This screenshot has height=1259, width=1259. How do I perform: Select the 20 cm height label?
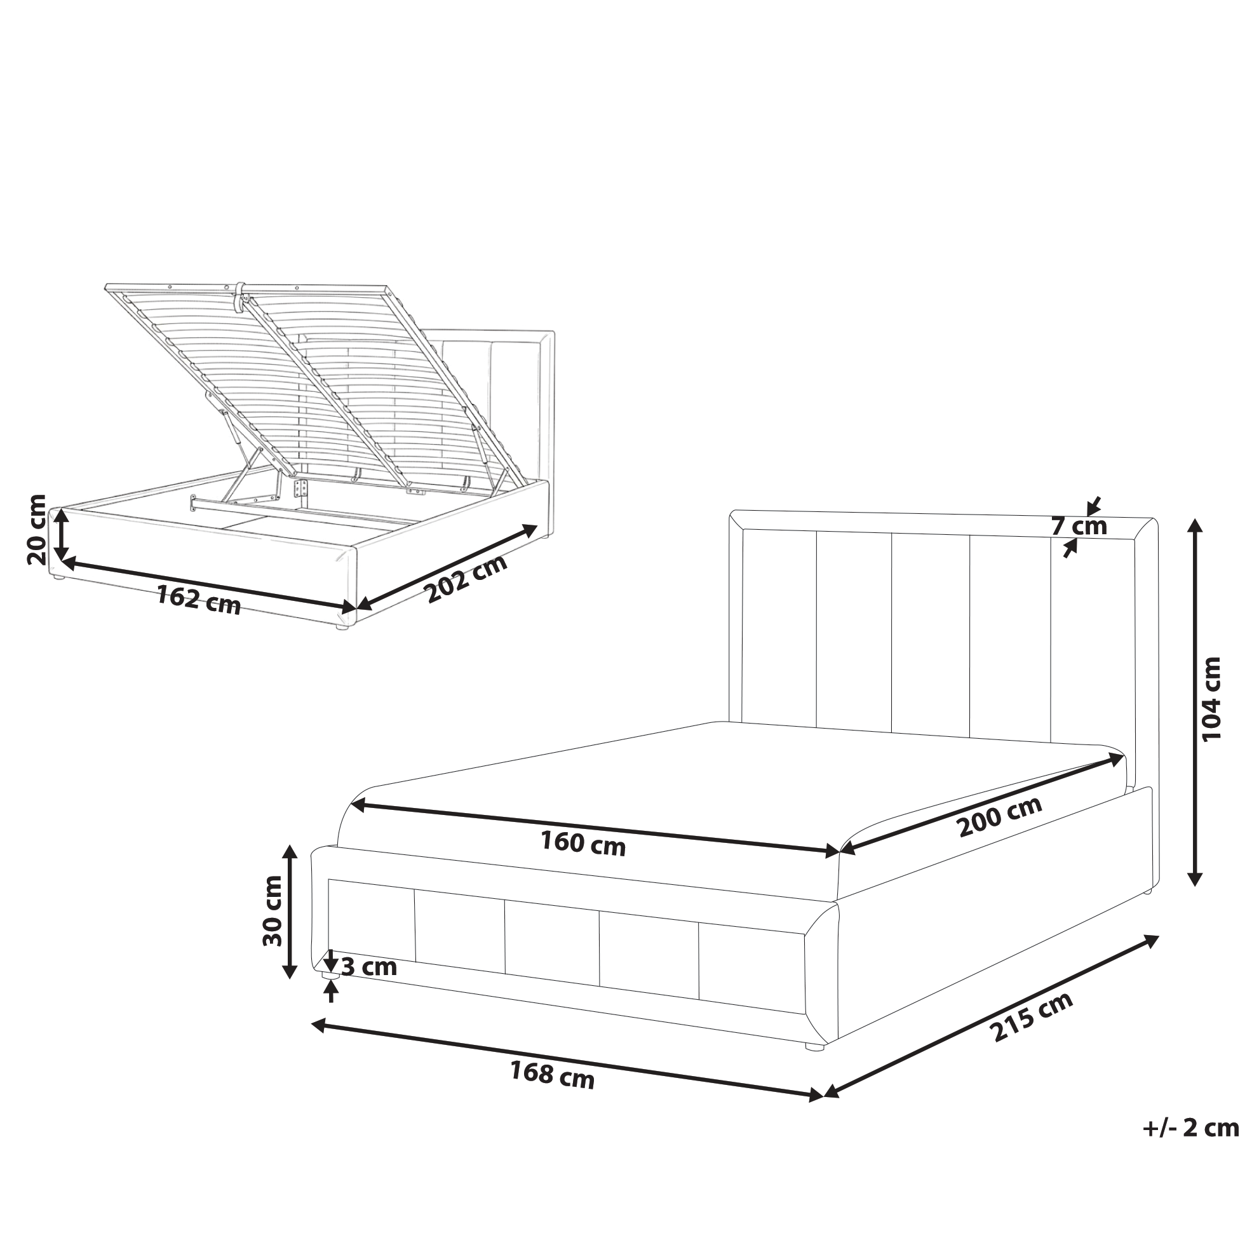[x=36, y=529]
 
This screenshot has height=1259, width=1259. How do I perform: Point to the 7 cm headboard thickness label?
[x=1079, y=526]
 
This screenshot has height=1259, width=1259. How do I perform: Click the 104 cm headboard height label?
[x=1211, y=698]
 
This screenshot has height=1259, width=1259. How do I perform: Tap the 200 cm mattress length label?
[x=1000, y=816]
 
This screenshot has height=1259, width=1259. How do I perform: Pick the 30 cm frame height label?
[x=273, y=911]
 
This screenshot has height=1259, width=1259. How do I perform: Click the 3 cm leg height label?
[x=369, y=967]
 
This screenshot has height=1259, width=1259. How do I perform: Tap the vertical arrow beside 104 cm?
[x=1194, y=701]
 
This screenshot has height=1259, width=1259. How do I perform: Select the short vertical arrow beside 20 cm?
[x=60, y=534]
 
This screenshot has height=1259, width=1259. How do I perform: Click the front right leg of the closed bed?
[x=814, y=1047]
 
